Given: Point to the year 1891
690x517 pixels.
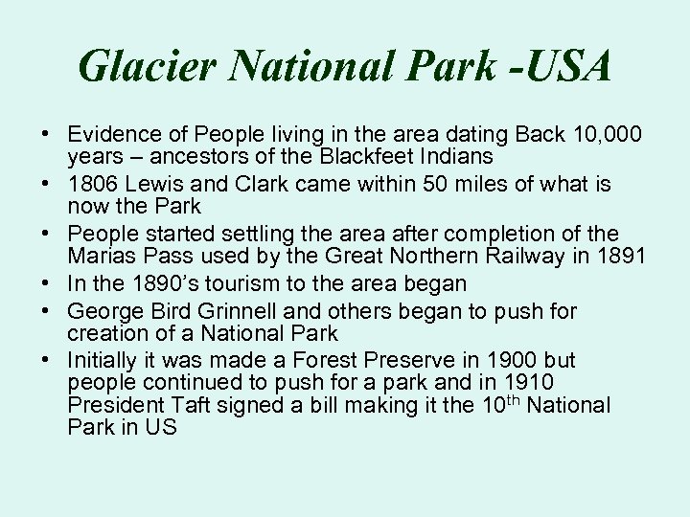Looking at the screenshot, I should click(619, 256).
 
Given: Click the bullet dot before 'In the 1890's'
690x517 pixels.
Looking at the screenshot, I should click(46, 284).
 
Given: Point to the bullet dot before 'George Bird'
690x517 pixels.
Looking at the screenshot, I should click(46, 310).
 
